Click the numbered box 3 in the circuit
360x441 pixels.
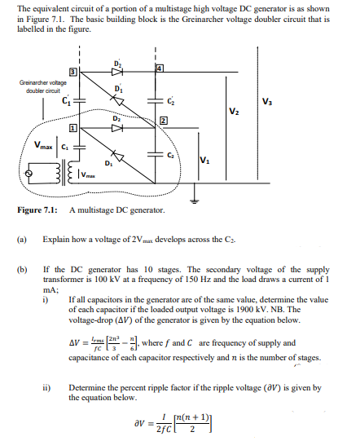[73, 73]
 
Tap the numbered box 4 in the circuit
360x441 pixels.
[159, 67]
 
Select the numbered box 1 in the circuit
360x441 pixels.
[73, 129]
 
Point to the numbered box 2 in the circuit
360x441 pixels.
[163, 121]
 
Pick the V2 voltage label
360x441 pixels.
[235, 111]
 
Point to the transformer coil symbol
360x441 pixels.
[62, 174]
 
